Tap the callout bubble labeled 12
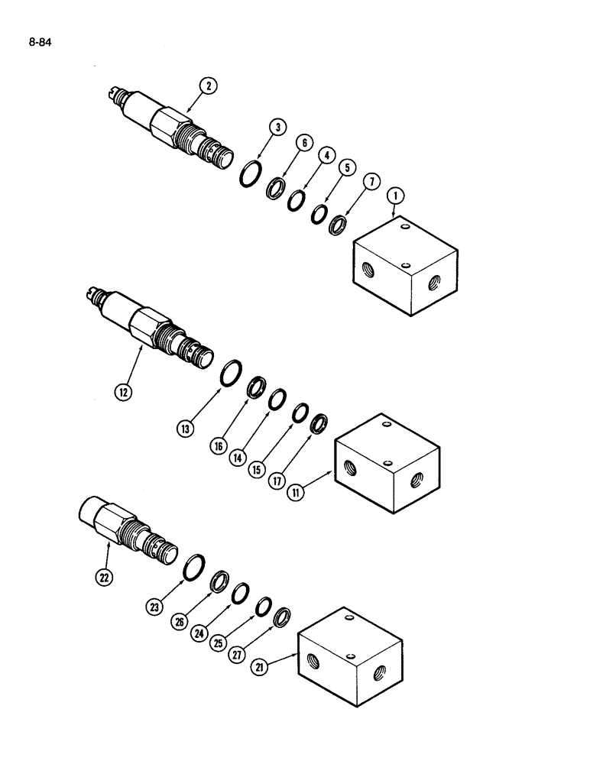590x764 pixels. tap(122, 393)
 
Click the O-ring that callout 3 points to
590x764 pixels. tap(247, 176)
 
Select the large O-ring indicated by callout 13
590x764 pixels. tap(231, 375)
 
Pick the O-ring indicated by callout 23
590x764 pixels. tap(193, 567)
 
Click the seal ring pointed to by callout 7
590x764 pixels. tap(337, 226)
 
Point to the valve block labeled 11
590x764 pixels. tap(389, 464)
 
